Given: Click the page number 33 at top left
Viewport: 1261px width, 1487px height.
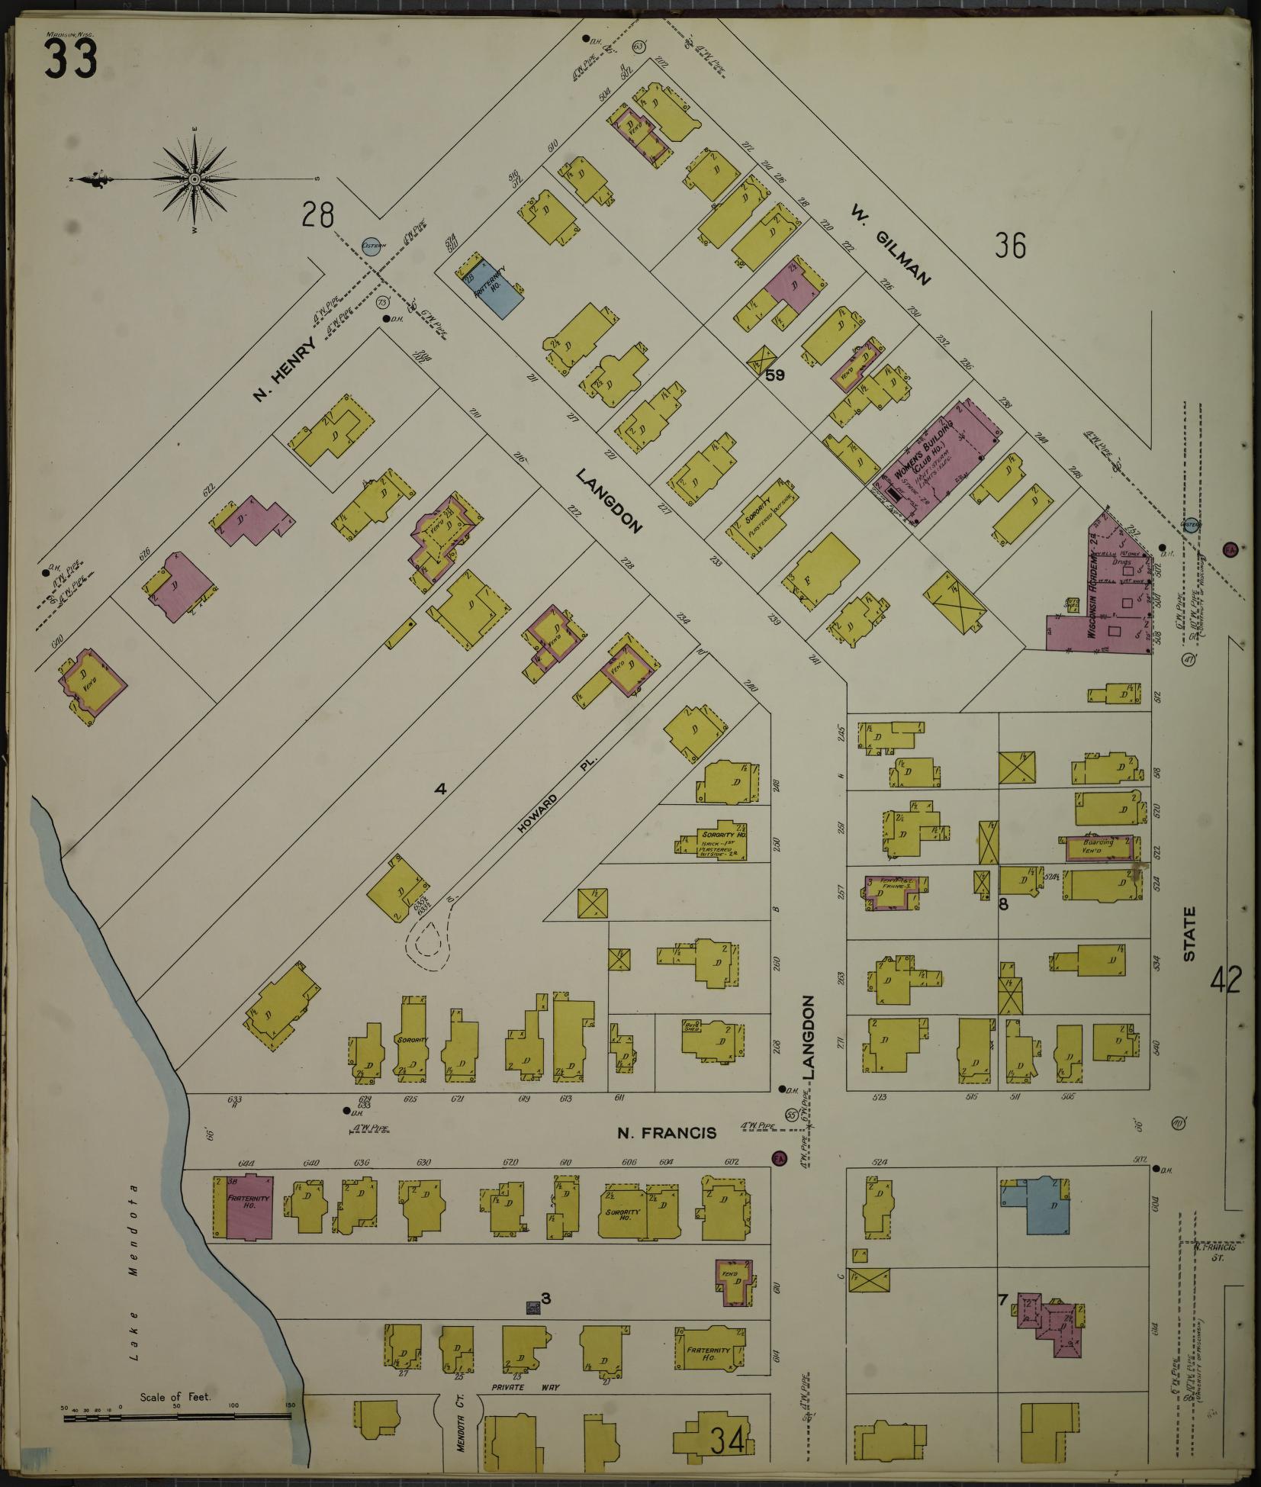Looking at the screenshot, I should (x=70, y=59).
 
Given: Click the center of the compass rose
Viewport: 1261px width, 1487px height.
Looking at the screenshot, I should (x=195, y=179).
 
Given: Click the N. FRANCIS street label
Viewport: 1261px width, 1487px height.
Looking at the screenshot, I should (x=667, y=1133).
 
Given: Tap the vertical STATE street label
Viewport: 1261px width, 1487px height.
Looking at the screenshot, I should (x=1189, y=933).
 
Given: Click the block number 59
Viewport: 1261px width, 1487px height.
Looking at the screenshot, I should (x=775, y=375).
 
